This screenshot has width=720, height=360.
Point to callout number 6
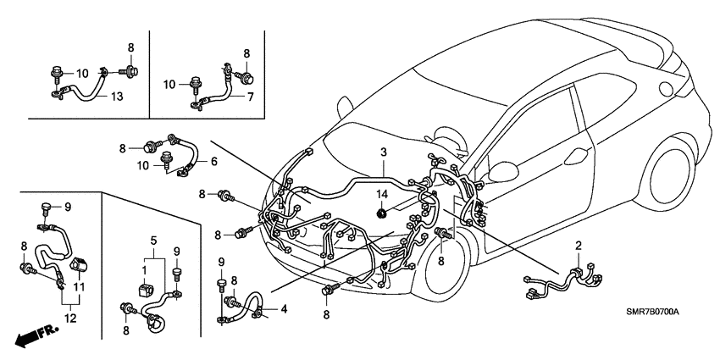pos(213,161)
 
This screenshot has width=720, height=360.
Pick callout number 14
pos(382,197)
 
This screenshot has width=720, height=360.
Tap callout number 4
pos(284,308)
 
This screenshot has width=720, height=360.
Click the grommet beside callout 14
pos(382,212)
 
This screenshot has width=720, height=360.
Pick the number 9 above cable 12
pos(69,206)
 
